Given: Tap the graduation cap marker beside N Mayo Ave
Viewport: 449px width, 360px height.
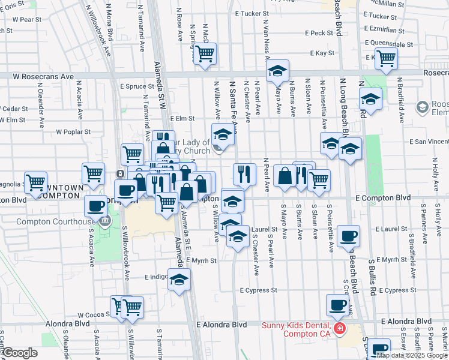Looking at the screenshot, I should click(x=277, y=72).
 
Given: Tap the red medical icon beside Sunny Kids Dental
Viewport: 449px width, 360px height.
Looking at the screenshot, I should click(x=339, y=329).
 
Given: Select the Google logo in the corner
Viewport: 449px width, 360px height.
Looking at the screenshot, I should click(x=20, y=352).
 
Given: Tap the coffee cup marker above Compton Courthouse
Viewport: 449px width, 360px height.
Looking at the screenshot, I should click(x=95, y=206).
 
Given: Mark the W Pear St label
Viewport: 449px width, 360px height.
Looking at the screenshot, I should click(x=27, y=19).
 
